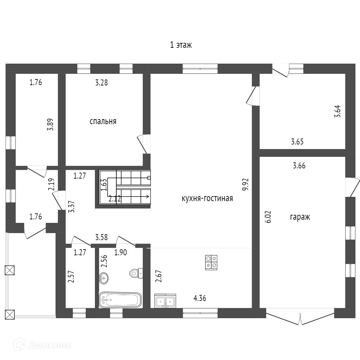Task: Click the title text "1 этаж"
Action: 181,45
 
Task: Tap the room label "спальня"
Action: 103,122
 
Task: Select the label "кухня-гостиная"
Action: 207,199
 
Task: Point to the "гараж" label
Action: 300,217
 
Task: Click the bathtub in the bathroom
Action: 120,300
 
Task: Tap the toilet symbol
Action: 136,273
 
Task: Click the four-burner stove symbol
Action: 211,262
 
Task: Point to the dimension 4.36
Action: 200,298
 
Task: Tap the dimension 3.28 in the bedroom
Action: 101,83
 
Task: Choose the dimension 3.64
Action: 337,111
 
